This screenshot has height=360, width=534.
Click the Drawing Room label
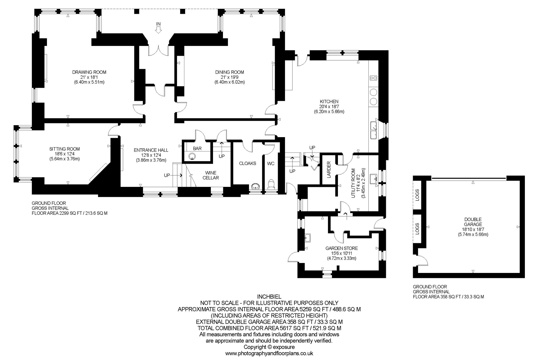pyautogui.click(x=89, y=72)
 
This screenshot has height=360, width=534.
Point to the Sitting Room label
pyautogui.click(x=64, y=149)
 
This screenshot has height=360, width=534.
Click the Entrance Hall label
pyautogui.click(x=151, y=150)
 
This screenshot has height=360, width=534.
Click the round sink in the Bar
pyautogui.click(x=192, y=156)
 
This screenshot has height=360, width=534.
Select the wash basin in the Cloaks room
pyautogui.click(x=255, y=187)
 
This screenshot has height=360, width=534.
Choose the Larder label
pyautogui.click(x=329, y=170)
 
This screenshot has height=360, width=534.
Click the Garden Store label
pyautogui.click(x=342, y=248)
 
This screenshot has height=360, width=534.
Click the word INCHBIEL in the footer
pyautogui.click(x=269, y=297)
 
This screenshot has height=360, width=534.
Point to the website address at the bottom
pyautogui.click(x=269, y=354)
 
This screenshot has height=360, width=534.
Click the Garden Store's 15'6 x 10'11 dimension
pyautogui.click(x=342, y=253)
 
